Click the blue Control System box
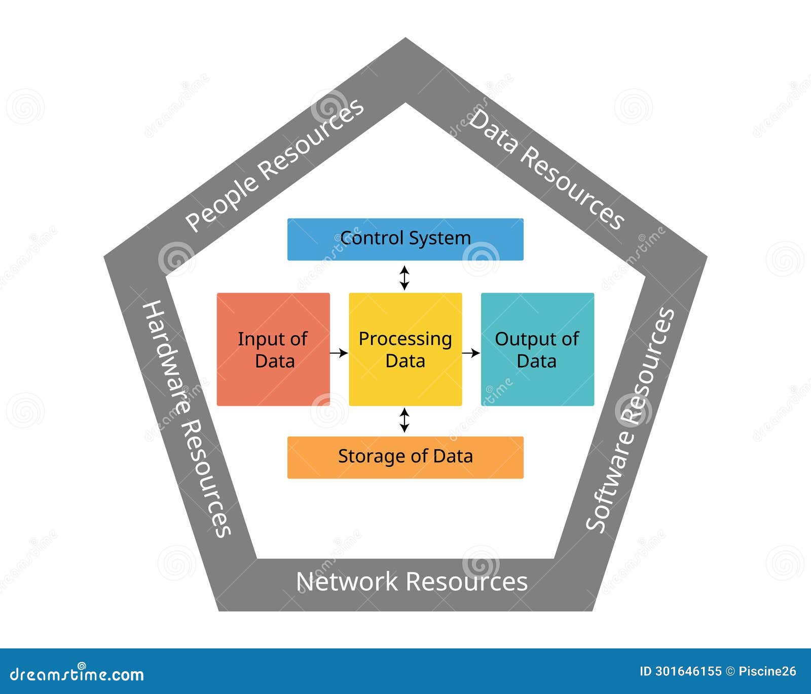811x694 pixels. coord(405,239)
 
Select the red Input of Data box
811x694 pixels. coord(273,349)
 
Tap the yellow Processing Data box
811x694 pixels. coord(405,349)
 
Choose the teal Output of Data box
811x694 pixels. coord(537,349)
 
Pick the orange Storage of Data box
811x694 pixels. coord(405,457)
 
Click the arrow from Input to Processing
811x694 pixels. coord(339,353)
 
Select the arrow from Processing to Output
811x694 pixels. coord(471,353)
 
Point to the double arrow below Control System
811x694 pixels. coord(404,277)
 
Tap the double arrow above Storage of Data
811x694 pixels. coord(404,420)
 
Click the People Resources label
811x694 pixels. coord(274,165)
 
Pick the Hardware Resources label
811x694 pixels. coord(186,418)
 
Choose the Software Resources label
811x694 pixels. coord(630,419)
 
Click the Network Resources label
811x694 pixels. coord(412,582)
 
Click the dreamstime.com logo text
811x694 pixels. coord(77,674)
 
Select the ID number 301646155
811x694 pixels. coord(688,672)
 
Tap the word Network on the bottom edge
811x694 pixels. coord(347,582)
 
